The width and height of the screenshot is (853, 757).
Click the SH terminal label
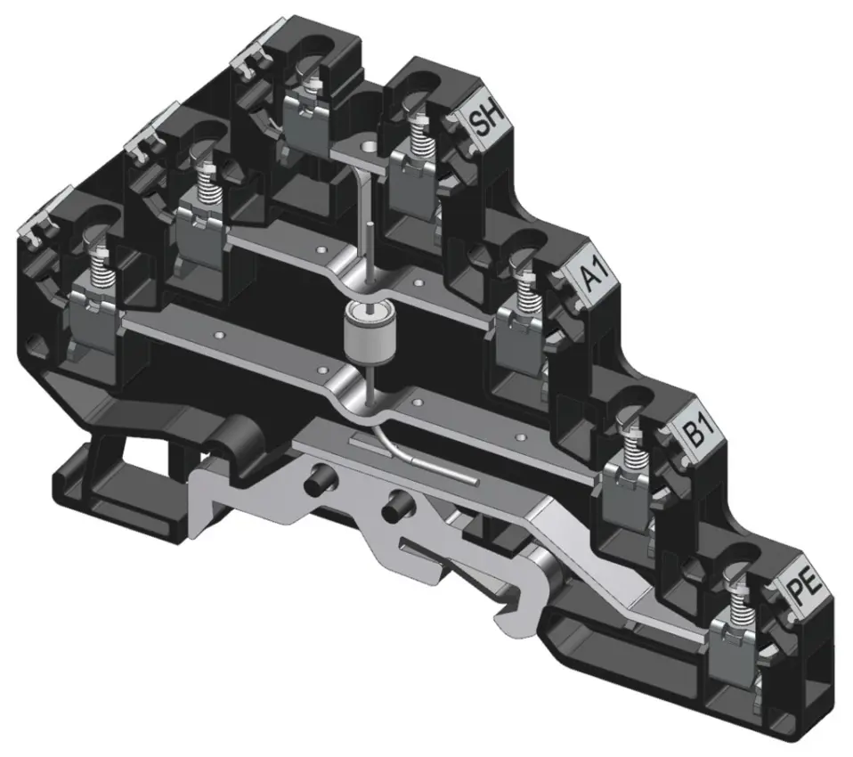point(486,121)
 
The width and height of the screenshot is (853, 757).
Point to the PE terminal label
point(803,588)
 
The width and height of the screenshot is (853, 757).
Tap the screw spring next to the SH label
point(418,135)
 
